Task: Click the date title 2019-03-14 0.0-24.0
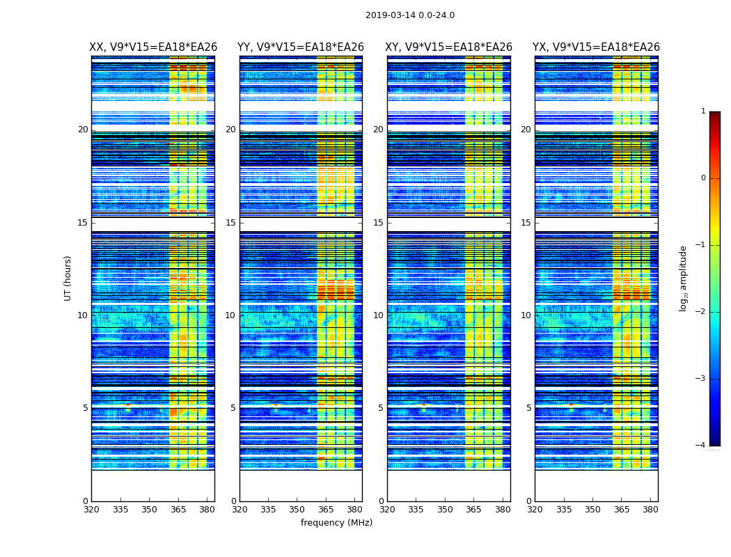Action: [410, 15]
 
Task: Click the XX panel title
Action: [153, 47]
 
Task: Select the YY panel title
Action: [301, 47]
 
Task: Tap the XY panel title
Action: [449, 47]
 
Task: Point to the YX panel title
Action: [596, 47]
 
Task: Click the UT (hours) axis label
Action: [68, 278]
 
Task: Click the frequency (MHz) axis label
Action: [336, 523]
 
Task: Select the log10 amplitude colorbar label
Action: [684, 278]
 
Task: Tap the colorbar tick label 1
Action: [703, 111]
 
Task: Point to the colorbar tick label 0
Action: [703, 178]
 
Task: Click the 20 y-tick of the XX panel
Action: [83, 130]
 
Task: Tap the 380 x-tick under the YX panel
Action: [650, 509]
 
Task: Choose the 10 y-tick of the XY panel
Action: [378, 315]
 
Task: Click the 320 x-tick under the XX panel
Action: [91, 509]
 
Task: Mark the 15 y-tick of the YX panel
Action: [526, 223]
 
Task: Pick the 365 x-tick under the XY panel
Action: [473, 509]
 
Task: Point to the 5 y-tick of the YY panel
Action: [233, 408]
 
